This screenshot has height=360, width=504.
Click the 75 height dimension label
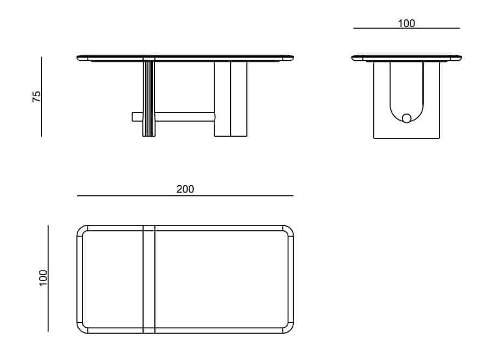(x=37, y=96)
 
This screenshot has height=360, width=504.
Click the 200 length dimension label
(x=185, y=189)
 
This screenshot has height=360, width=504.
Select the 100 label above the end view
(x=407, y=23)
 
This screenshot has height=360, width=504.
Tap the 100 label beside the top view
(x=42, y=278)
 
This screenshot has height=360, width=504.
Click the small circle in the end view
(x=407, y=118)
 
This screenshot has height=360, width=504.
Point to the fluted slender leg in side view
(x=149, y=98)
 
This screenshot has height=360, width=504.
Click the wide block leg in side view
(x=231, y=98)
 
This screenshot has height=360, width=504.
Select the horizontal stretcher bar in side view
(x=174, y=117)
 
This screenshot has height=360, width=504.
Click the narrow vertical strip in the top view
(x=149, y=279)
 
